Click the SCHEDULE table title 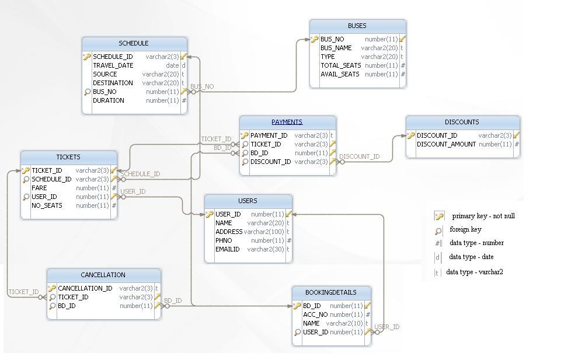(134, 43)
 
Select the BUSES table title (357, 26)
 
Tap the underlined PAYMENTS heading (287, 122)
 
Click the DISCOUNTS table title (462, 122)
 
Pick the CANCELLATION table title (103, 275)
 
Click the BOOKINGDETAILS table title (330, 292)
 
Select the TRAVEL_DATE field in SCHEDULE (113, 65)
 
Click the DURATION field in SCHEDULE (108, 100)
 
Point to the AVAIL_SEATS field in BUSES (340, 74)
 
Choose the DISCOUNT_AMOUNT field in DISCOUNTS (446, 144)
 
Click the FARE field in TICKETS (39, 188)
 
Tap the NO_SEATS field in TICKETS (47, 205)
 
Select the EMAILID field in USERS (227, 249)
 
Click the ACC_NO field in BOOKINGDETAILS (315, 314)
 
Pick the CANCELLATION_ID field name (85, 288)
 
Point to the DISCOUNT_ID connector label (359, 156)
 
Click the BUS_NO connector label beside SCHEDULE (202, 86)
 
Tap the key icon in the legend (439, 216)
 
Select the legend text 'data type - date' (471, 257)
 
